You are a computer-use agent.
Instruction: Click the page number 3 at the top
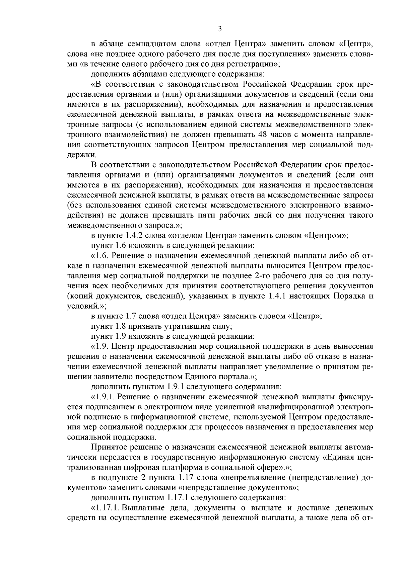click(220, 29)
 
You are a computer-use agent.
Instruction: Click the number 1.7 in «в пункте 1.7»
click(130, 316)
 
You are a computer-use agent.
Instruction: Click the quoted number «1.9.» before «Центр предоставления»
click(100, 346)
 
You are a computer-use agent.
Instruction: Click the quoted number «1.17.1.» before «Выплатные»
click(106, 507)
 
